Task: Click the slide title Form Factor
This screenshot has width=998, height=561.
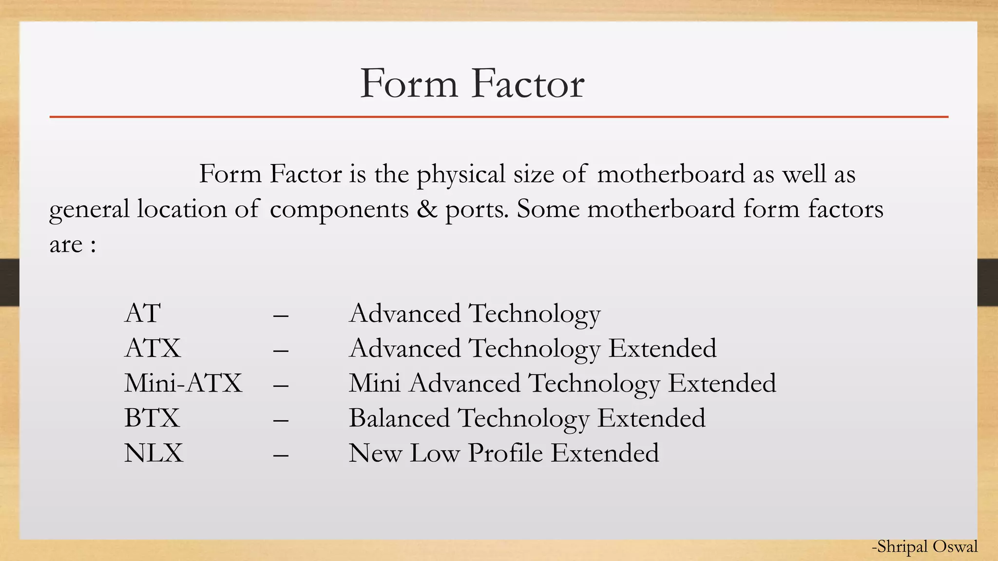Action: point(472,84)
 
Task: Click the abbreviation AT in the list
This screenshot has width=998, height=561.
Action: point(142,313)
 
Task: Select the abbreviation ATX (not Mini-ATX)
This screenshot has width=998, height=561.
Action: point(153,348)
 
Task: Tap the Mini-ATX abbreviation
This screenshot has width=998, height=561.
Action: point(183,383)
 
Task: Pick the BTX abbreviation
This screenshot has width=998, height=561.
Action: point(152,418)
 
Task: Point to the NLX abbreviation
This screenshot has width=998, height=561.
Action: point(154,453)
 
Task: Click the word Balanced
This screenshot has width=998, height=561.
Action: point(399,418)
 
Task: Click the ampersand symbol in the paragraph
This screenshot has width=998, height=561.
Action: point(427,209)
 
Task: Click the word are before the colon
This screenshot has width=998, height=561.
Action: point(66,245)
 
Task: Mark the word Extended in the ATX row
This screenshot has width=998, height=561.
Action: point(662,348)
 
